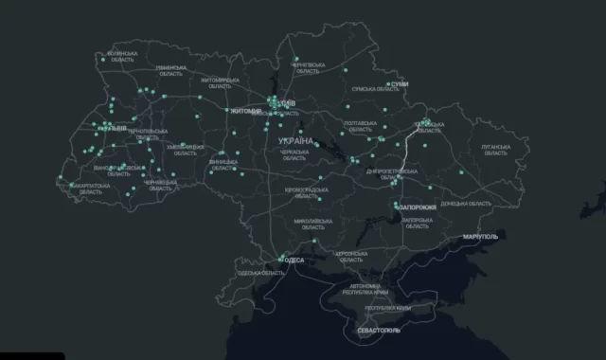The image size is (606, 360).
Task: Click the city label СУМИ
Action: tap(401, 84)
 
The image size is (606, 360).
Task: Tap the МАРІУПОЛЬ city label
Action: tap(479, 235)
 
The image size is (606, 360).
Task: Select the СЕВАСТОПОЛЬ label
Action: tap(379, 330)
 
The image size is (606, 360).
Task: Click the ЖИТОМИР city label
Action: tap(245, 111)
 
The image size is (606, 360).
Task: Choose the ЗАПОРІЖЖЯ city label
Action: tap(418, 207)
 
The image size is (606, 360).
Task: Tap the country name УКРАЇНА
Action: tap(294, 140)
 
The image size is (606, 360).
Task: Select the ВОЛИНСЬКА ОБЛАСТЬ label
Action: tap(122, 58)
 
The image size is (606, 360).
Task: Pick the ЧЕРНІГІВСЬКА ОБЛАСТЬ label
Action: tap(309, 66)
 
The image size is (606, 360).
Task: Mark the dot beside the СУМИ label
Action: tap(388, 84)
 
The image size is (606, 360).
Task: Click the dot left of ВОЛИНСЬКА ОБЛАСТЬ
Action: tap(103, 59)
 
